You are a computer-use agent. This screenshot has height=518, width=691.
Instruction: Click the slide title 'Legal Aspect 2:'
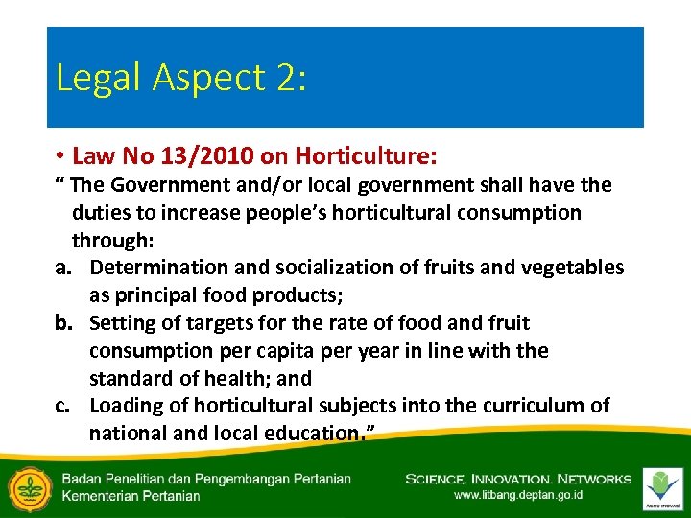[181, 78]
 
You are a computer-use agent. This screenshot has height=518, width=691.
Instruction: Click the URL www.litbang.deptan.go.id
[518, 496]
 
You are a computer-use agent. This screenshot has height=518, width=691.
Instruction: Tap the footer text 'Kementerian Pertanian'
[131, 496]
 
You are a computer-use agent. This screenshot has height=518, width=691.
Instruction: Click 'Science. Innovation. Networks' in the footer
[518, 479]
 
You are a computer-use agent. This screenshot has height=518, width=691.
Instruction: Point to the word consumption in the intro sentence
[518, 212]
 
